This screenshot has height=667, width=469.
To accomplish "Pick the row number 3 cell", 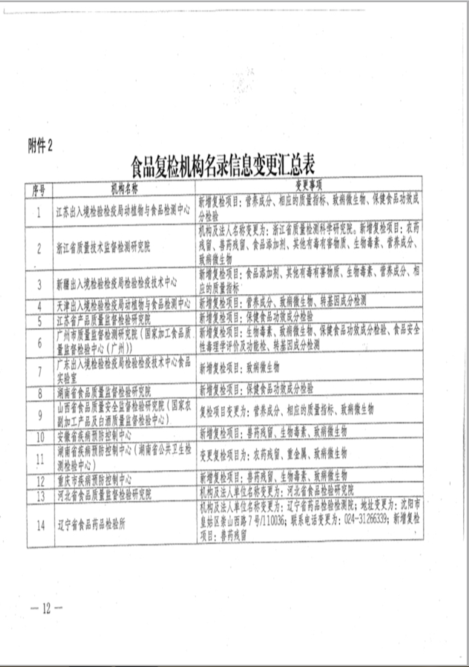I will point(38,284).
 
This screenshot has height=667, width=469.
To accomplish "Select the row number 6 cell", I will point(38,340).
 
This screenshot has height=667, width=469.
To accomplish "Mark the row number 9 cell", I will point(38,411).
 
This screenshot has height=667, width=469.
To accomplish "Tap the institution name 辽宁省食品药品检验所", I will point(93,522).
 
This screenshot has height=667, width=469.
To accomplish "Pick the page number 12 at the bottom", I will point(46,608).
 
